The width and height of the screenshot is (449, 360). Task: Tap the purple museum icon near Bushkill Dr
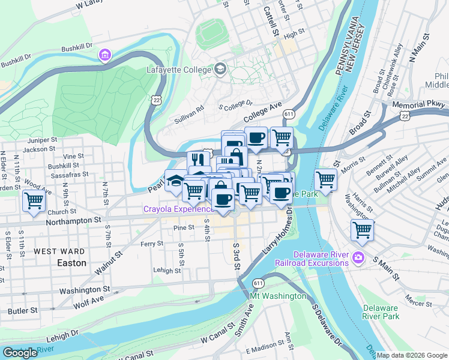pos(106,56)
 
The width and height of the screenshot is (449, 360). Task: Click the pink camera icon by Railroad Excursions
pos(358,258)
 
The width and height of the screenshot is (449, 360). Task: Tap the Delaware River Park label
pos(381,312)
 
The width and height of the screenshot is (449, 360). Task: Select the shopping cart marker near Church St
pos(34,200)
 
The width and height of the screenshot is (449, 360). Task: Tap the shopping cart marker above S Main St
pos(363,229)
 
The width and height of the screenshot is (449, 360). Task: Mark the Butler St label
pos(23,311)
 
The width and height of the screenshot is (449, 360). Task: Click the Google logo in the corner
pos(20,353)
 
